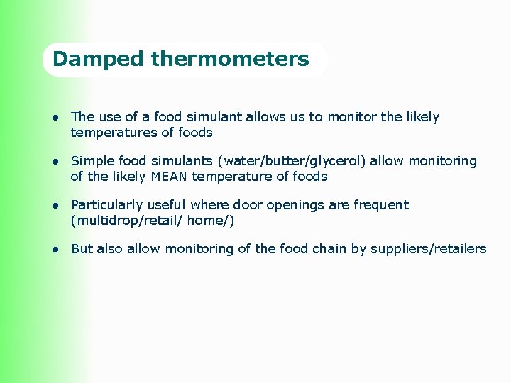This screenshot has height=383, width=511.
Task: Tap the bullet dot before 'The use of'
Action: coord(53,117)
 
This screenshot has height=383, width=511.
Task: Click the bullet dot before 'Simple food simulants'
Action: coord(53,161)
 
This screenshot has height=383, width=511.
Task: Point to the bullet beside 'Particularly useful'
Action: coord(53,205)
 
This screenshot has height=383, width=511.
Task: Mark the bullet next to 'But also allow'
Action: coord(53,249)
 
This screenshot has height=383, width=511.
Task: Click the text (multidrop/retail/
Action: coord(118,221)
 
